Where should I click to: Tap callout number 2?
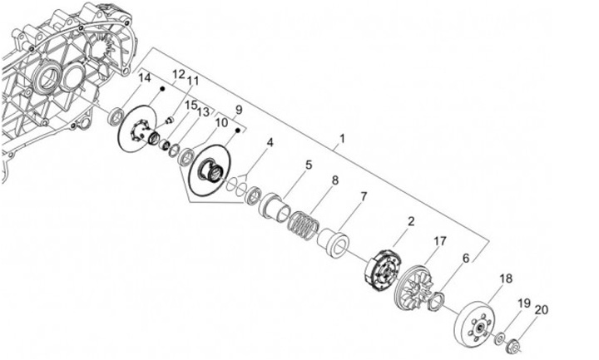tap(410, 223)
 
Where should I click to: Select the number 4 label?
tap(270, 143)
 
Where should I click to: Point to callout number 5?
tap(308, 165)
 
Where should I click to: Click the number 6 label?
tap(465, 259)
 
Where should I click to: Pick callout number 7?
tap(363, 197)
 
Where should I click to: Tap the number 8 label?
tap(335, 180)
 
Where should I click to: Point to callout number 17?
tap(438, 242)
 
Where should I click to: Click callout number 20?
tap(542, 310)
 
